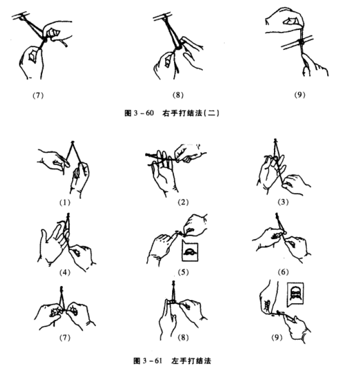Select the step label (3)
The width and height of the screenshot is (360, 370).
pos(283,202)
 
